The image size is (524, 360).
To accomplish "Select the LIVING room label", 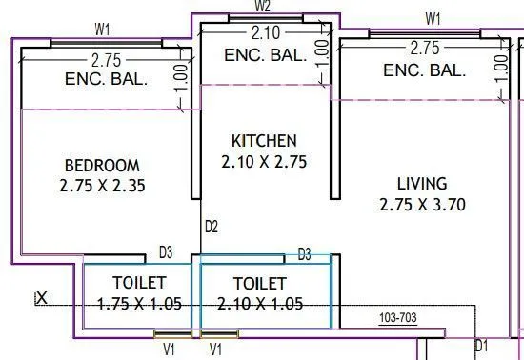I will [x=423, y=183].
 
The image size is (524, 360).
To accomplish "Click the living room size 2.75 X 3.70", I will [x=423, y=205].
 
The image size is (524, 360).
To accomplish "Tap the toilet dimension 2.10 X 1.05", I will [x=259, y=304].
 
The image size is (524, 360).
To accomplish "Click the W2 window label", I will [x=264, y=7].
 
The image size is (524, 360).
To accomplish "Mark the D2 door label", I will [x=212, y=227].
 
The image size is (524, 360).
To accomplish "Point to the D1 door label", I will [x=481, y=346].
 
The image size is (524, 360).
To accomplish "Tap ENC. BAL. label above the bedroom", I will [x=106, y=79].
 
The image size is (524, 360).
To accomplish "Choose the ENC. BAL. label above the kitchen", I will [x=266, y=55].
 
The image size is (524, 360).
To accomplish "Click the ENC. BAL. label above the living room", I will [x=424, y=70].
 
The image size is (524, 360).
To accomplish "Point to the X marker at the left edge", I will [x=41, y=298].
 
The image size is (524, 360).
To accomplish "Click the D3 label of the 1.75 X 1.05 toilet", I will [x=165, y=252].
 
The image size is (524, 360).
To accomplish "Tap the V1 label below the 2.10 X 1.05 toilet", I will [x=216, y=349].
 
